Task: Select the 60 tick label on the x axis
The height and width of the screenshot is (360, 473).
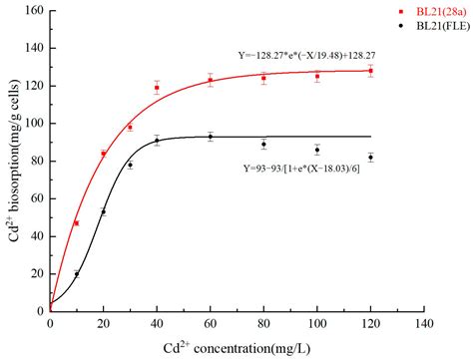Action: coord(210,324)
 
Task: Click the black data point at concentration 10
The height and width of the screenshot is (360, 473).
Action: coord(77,274)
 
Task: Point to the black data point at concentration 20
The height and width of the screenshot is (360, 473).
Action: coord(104,211)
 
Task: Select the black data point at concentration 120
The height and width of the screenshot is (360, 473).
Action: coord(370,158)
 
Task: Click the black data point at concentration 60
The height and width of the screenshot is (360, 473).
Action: coord(210,137)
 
